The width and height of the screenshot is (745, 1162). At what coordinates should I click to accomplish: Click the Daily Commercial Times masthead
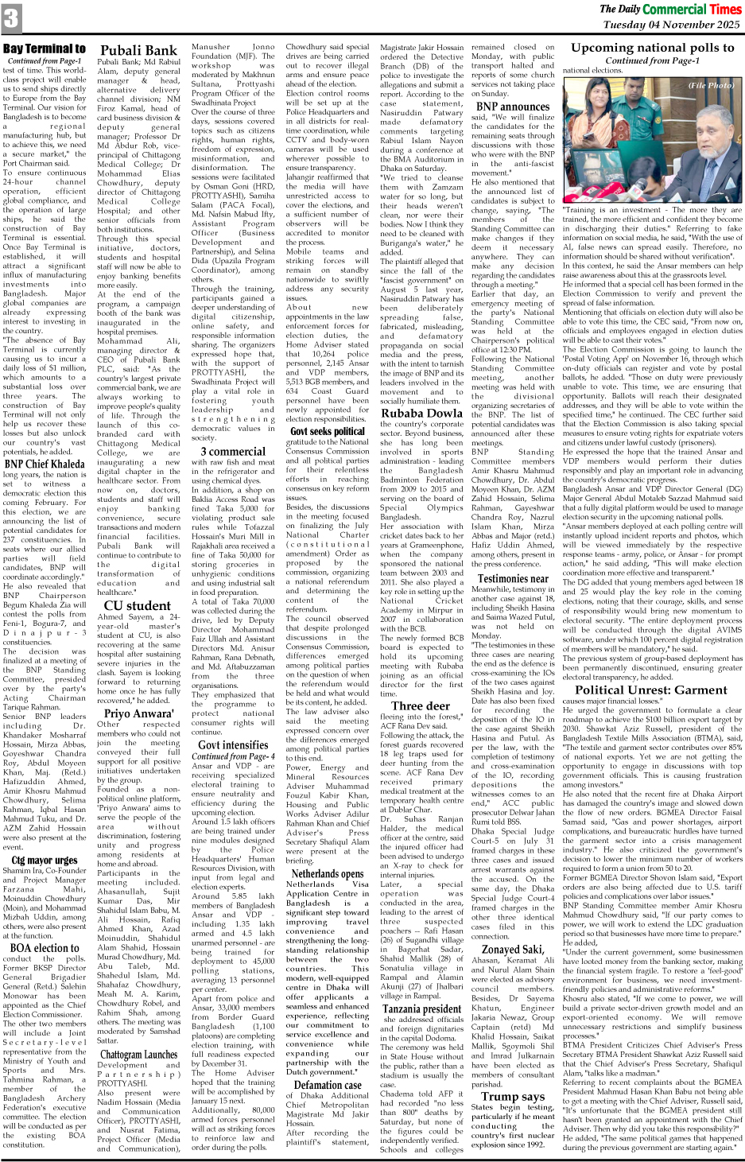click(670, 10)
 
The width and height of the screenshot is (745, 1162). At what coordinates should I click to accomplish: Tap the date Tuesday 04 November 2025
click(672, 25)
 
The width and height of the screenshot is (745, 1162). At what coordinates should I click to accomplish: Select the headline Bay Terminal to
click(45, 49)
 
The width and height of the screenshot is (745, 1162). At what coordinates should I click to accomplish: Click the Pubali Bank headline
click(138, 51)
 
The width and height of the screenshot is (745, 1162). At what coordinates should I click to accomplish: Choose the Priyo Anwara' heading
click(138, 713)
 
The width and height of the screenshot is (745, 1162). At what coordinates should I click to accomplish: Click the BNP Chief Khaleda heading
click(45, 464)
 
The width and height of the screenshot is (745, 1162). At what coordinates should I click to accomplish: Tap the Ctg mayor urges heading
click(45, 860)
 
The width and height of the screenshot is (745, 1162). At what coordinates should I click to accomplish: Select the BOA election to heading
click(45, 948)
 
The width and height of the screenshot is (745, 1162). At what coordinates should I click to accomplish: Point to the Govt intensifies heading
click(233, 745)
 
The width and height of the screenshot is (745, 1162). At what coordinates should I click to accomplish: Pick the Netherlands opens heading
click(328, 873)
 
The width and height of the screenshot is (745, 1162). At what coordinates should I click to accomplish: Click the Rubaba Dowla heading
click(421, 413)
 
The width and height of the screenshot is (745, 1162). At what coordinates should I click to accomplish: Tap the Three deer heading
click(421, 705)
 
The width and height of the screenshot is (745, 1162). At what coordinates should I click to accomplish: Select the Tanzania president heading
click(421, 1009)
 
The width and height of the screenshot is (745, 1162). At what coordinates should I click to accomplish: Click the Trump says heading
click(511, 1096)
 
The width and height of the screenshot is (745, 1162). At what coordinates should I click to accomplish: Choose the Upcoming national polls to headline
click(652, 49)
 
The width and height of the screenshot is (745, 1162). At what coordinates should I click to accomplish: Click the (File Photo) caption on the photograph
click(711, 85)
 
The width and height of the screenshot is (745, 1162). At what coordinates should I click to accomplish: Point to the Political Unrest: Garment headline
click(651, 690)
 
